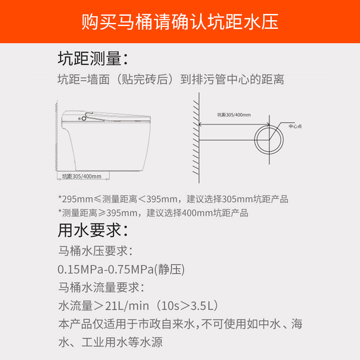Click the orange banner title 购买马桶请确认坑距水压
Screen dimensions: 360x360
tap(180, 22)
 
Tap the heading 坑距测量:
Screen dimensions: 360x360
tap(93, 58)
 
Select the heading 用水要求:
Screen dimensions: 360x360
tap(93, 230)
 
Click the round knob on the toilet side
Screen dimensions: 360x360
tap(84, 118)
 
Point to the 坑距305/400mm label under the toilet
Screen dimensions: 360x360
tap(82, 176)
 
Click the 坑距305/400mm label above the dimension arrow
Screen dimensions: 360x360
tap(234, 115)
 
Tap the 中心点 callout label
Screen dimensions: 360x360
tap(295, 126)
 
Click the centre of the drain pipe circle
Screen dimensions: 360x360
tap(269, 140)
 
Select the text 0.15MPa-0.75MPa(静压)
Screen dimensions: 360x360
tap(121, 269)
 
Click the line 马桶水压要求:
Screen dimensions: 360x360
tap(95, 251)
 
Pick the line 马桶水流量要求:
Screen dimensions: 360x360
tap(101, 287)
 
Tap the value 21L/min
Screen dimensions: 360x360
tap(127, 306)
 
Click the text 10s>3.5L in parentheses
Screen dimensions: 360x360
tap(186, 306)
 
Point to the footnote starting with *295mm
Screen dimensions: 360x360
tap(173, 199)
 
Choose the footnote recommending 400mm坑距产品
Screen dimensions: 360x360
tap(153, 213)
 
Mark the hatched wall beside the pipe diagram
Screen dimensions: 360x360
tap(196, 138)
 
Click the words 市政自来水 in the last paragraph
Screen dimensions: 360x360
tap(166, 324)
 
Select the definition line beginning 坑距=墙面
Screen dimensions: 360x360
tap(171, 80)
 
